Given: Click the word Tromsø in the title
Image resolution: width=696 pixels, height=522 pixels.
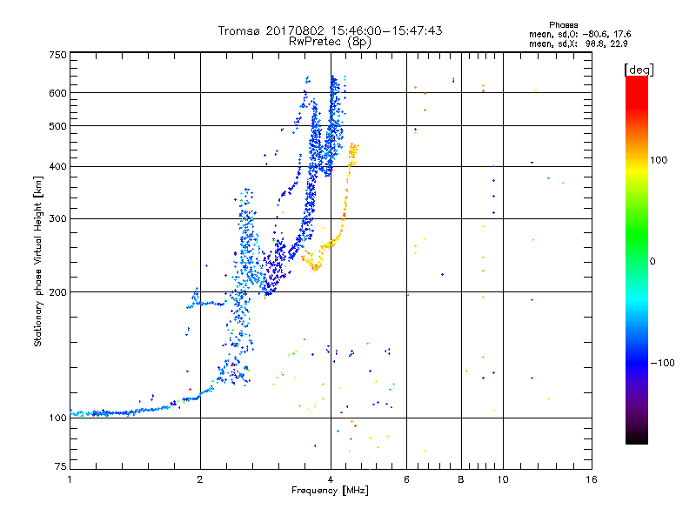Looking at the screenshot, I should pos(239,30).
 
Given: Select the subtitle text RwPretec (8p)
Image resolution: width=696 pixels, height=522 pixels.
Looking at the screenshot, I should pos(330,41).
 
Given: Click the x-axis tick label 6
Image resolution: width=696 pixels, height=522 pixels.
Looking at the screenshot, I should pos(406,479).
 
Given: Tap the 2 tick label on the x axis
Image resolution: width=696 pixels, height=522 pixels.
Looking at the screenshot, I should pos(200,479).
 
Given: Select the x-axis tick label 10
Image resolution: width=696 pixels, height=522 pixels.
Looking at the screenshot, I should pos(502,479).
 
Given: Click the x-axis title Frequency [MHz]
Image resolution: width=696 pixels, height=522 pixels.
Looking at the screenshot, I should pos(330,491).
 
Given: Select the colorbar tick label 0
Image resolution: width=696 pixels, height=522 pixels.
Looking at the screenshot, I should pos(652,261).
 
